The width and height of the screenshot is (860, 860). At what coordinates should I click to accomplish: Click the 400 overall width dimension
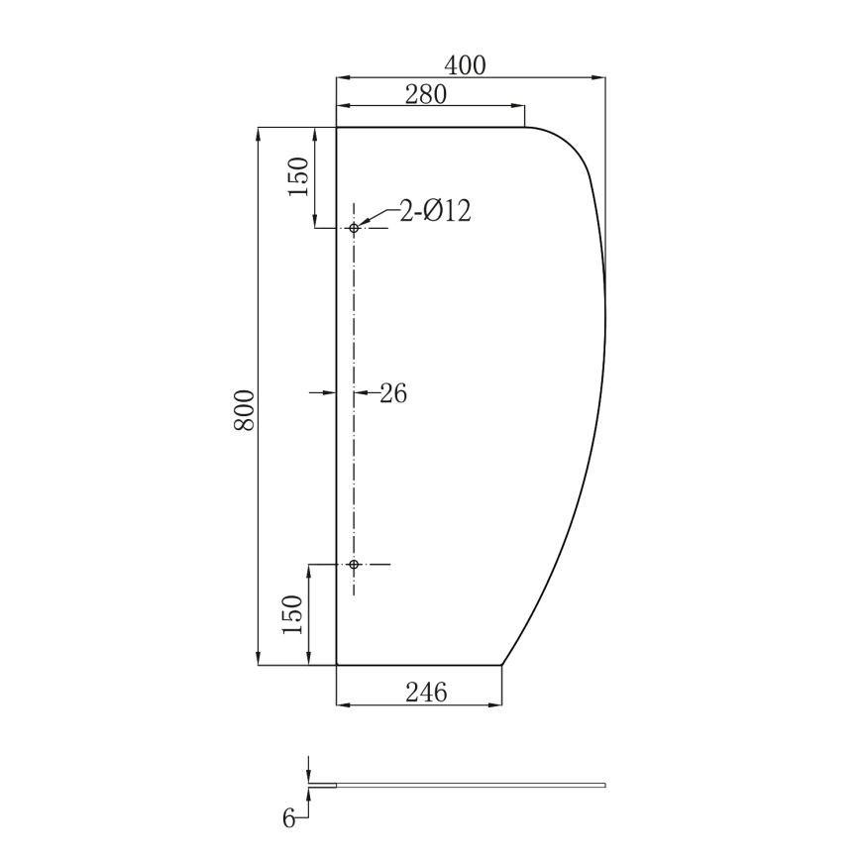tap(465, 65)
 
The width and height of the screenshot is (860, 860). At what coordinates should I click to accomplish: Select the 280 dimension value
tap(427, 94)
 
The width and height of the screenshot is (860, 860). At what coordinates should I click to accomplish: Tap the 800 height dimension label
tap(245, 409)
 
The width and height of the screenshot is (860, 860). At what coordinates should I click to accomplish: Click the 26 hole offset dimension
tap(393, 393)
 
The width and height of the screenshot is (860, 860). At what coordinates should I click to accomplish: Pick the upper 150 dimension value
tap(300, 177)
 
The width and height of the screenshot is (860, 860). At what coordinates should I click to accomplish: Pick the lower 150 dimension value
tap(293, 615)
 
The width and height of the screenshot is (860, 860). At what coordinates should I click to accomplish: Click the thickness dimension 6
tap(288, 818)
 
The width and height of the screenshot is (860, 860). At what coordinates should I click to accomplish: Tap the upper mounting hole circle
tap(354, 228)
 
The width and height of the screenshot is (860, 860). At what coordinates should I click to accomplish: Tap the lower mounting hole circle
tap(354, 565)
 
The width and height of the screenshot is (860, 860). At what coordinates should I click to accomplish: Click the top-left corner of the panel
tap(337, 128)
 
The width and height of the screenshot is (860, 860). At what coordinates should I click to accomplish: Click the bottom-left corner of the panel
tap(337, 665)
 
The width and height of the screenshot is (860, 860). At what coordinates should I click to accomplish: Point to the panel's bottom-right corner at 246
tap(502, 665)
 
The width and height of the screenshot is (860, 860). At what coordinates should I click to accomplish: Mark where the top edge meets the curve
tap(524, 128)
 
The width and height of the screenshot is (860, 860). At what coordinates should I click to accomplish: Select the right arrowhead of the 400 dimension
tap(599, 76)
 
